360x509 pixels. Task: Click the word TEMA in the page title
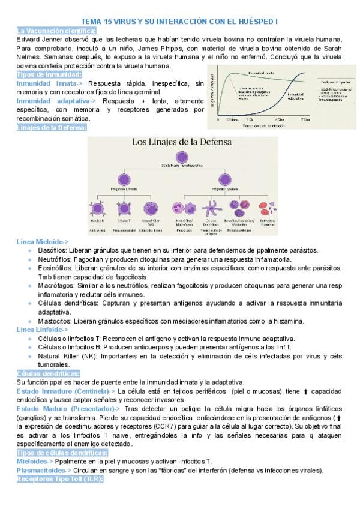click(x=91, y=21)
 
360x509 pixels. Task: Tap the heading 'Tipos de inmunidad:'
click(x=49, y=74)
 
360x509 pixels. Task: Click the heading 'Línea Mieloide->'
click(x=43, y=241)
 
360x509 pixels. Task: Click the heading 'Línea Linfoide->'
click(x=42, y=330)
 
